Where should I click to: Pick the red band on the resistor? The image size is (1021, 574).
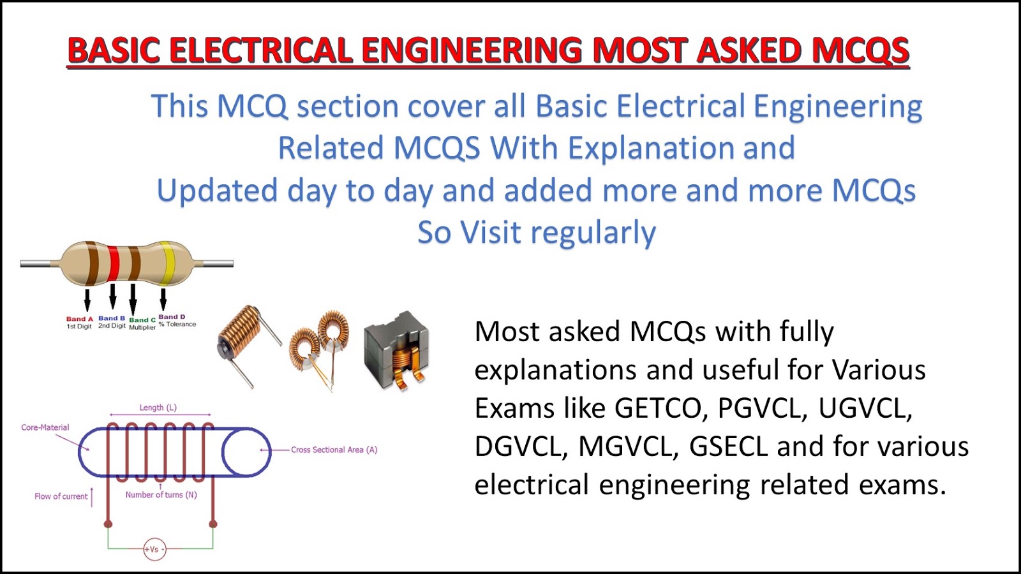tap(114, 263)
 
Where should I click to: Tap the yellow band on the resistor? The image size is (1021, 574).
tap(167, 263)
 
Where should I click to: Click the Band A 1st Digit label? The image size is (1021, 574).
tap(79, 322)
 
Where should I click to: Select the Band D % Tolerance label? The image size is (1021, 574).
tap(176, 320)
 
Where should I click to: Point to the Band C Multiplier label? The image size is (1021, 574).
tap(142, 323)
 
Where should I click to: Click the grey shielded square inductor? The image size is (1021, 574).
tap(396, 350)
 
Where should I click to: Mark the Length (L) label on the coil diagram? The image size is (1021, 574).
tap(158, 408)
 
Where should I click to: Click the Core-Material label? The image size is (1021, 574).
tap(45, 427)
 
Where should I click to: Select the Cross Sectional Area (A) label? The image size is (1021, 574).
tap(334, 450)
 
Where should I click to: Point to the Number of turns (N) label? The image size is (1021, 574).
tap(161, 495)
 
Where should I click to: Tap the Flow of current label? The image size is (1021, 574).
tap(61, 496)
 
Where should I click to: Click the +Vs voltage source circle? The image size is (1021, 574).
tap(154, 549)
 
